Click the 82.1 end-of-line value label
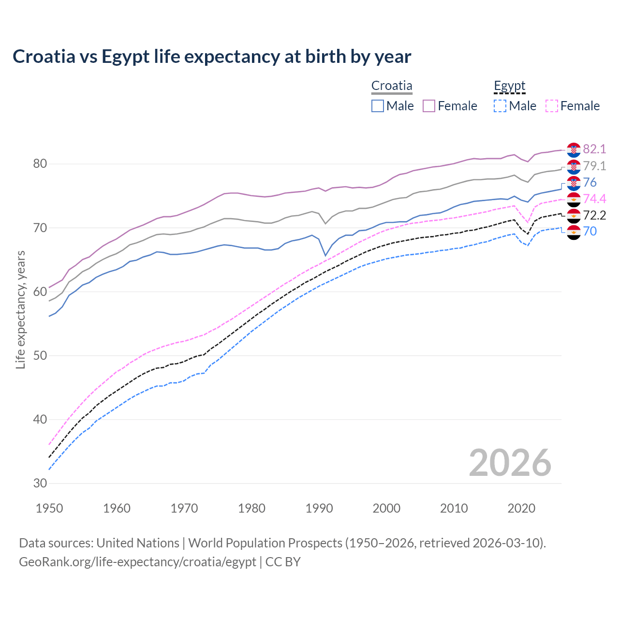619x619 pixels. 594,149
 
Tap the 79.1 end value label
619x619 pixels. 594,166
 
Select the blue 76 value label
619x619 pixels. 590,182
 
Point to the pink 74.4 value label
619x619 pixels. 594,199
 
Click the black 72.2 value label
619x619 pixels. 594,215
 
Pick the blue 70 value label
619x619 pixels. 590,231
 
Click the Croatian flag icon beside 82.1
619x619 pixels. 574,150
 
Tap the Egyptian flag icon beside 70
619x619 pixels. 574,232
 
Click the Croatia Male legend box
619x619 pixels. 378,106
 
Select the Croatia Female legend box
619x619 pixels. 429,106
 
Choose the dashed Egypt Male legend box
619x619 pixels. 500,106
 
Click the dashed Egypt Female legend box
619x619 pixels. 552,106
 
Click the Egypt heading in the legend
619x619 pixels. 509,86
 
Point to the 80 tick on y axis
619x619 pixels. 40,164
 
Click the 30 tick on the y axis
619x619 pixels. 40,483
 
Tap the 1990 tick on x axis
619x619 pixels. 319,508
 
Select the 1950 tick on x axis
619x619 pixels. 50,508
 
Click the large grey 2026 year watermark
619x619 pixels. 510,463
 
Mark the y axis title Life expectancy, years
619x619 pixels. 21,309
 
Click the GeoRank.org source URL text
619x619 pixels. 137,562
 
